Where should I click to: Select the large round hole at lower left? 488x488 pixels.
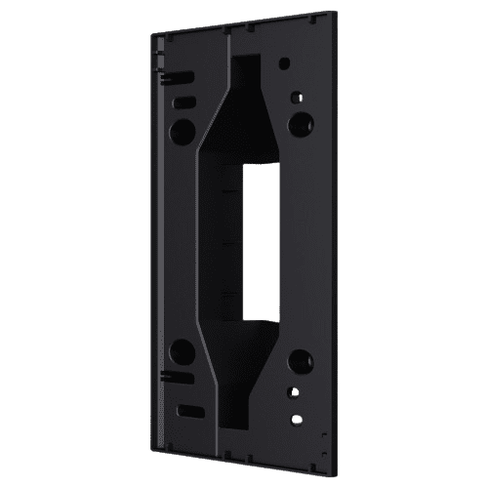(183, 351)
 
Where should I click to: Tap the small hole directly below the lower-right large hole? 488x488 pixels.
(293, 391)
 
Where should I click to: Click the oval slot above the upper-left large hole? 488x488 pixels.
(184, 101)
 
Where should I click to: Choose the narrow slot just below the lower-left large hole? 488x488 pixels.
(184, 380)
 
